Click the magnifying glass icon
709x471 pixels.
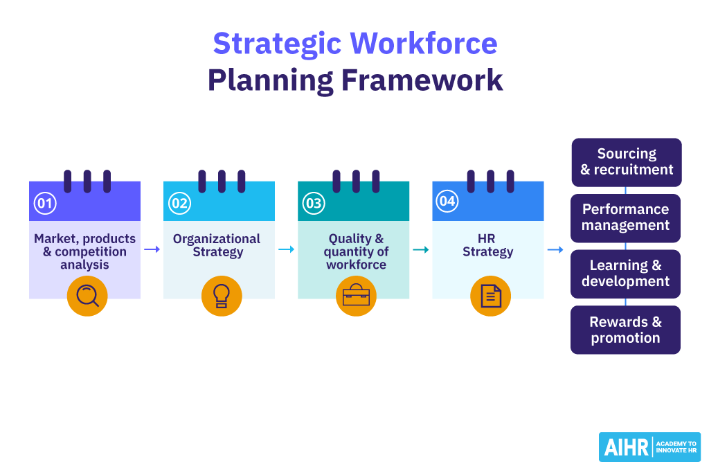click(87, 296)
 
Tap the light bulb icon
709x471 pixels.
click(222, 296)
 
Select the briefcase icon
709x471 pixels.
click(356, 296)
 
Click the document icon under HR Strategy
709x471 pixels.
click(490, 296)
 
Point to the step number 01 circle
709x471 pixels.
click(45, 203)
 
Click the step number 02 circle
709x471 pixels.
click(179, 203)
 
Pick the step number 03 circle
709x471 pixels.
click(314, 203)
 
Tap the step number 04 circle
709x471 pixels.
click(447, 202)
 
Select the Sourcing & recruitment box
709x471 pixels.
click(626, 162)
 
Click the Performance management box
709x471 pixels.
click(625, 217)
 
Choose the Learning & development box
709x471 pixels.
click(625, 274)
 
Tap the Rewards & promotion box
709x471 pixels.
click(625, 330)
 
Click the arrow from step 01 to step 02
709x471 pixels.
click(152, 249)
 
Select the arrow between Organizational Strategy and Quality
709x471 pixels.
click(286, 249)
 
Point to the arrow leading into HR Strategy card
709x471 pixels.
click(420, 249)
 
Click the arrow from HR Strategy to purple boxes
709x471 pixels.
click(555, 249)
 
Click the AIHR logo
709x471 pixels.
click(649, 447)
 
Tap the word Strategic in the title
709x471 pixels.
click(276, 44)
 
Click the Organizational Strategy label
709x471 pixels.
click(217, 245)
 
